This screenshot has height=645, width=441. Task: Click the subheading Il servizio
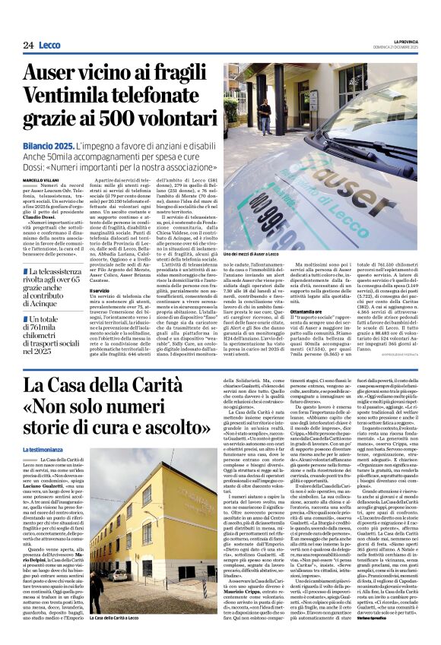pos(101,289)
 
